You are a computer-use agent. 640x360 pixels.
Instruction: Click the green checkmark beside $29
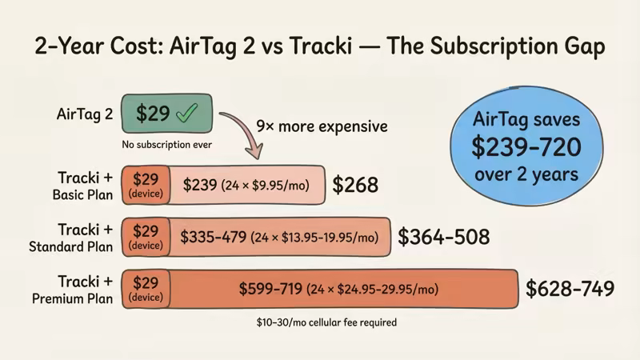[x=186, y=114]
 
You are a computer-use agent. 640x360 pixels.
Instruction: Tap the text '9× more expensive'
[x=321, y=126]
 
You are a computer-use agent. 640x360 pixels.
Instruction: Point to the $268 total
[x=355, y=186]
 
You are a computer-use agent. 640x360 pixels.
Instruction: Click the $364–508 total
[x=443, y=237]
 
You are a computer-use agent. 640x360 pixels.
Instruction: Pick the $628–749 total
[x=570, y=289]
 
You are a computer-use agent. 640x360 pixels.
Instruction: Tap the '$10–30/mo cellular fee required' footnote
[x=321, y=322]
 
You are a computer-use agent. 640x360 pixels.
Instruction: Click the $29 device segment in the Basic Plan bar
[x=146, y=185]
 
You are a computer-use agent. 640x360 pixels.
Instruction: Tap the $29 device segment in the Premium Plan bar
[x=146, y=289]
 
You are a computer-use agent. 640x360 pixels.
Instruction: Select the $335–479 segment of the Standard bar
[x=279, y=237]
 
